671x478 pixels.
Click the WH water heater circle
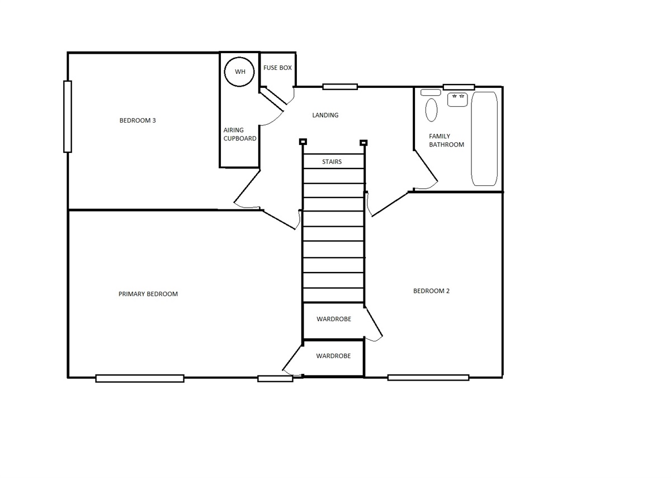(x=239, y=57)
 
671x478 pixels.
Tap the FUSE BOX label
(x=277, y=68)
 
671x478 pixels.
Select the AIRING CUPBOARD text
(x=240, y=134)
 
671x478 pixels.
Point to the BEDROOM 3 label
(x=138, y=120)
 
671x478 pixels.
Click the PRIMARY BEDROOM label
(x=148, y=294)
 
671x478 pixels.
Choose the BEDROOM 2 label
(x=431, y=291)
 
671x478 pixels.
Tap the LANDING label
(x=325, y=115)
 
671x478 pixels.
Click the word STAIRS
(x=332, y=162)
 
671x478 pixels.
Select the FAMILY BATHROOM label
(x=446, y=140)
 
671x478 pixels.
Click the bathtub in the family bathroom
(x=484, y=139)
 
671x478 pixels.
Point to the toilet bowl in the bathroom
(x=431, y=110)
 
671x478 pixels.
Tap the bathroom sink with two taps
(x=457, y=100)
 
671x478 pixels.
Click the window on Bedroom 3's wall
(x=68, y=116)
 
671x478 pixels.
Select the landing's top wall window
(x=340, y=87)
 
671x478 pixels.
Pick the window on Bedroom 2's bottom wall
(x=428, y=378)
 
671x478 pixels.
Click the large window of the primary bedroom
(x=140, y=378)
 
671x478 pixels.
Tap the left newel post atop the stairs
(x=303, y=142)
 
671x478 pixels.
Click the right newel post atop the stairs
(x=363, y=143)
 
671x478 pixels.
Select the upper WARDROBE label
(x=334, y=319)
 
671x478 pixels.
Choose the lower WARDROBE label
(x=333, y=356)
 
